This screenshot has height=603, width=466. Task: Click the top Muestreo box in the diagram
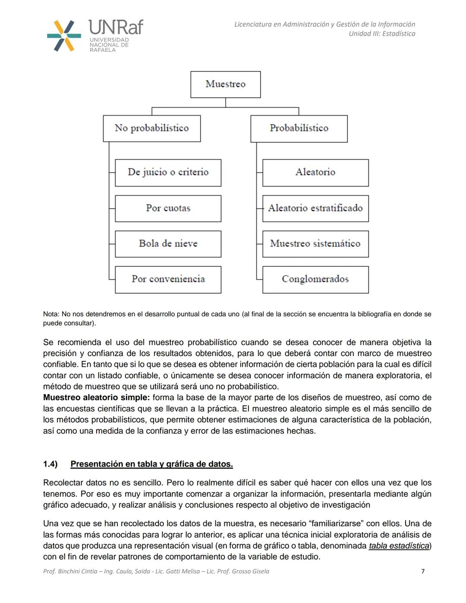pos(225,84)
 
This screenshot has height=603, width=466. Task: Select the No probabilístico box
pos(151,128)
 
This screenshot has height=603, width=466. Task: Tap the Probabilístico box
pos(299,128)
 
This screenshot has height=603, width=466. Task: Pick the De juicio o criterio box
pos(168,173)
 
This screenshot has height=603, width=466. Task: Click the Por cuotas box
pos(168,208)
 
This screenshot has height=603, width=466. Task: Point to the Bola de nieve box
pos(168,244)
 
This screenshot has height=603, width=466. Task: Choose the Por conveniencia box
pos(168,279)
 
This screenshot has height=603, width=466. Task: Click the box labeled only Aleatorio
pos(315,173)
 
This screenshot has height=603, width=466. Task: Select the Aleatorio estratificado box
pos(315,208)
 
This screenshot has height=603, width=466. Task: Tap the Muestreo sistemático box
pos(315,244)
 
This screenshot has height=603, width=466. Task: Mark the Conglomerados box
pos(315,279)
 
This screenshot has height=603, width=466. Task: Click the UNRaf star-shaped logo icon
pos(64,36)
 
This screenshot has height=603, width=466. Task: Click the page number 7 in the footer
pos(422,571)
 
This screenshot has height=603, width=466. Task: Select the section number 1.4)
pos(50,464)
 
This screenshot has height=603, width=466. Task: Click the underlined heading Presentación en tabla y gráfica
pos(151,464)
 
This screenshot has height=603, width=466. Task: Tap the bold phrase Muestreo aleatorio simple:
pos(96,398)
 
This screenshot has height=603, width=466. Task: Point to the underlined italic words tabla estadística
pos(399,546)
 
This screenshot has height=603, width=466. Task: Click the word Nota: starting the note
pos(51,314)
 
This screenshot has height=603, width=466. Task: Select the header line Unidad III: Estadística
pos(382,34)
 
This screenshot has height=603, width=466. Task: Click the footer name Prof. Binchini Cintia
pos(70,571)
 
